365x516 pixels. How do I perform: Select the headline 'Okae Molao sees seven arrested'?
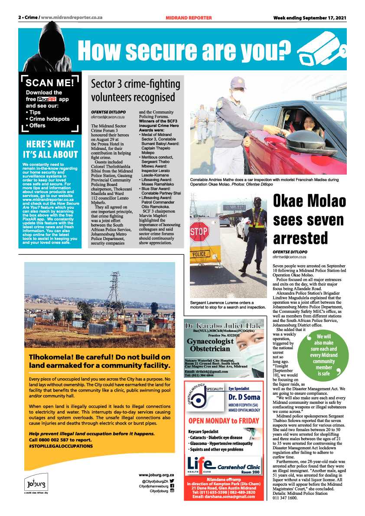point(309,220)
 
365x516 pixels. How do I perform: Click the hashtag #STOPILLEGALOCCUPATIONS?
point(61,445)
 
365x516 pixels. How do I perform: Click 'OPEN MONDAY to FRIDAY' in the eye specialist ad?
point(223,421)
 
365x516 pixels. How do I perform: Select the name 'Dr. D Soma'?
point(244,397)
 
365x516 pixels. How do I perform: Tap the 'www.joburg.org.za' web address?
point(156,475)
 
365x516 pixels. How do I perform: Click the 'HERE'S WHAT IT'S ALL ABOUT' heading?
point(50,149)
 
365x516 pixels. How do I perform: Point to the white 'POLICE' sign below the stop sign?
point(200,254)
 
